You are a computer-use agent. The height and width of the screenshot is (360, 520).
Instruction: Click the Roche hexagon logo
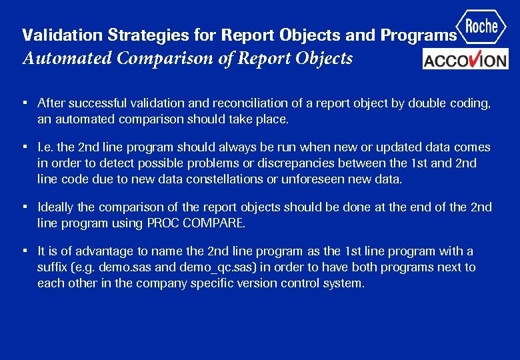[482, 27]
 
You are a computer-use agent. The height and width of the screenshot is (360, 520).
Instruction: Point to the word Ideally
[56, 207]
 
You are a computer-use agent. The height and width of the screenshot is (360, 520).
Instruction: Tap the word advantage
[100, 251]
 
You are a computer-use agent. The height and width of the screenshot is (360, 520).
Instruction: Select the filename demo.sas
[125, 267]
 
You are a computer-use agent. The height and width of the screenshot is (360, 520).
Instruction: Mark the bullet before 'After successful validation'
[24, 103]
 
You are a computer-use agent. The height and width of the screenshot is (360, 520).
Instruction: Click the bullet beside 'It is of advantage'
[24, 251]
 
